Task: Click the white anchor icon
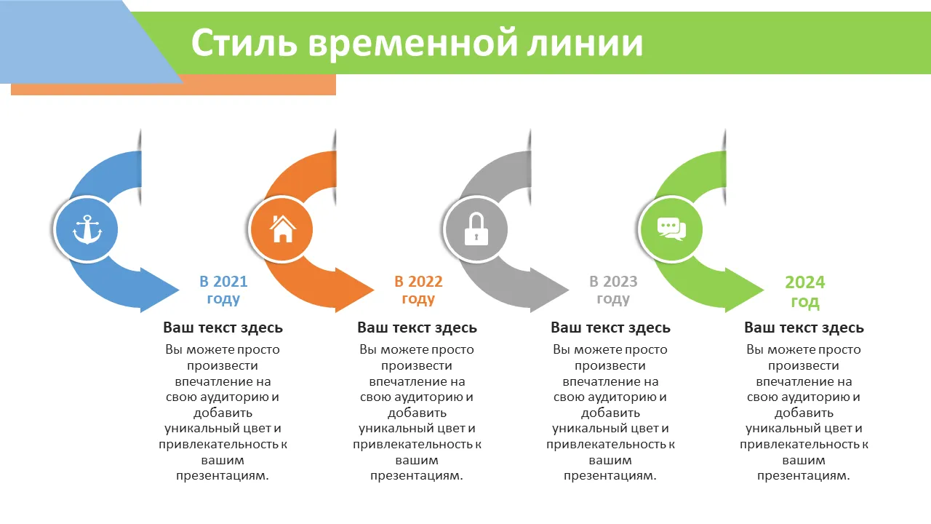tap(87, 229)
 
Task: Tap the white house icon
tap(283, 229)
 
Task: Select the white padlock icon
tap(476, 229)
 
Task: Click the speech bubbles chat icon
tap(671, 229)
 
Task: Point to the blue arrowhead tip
tap(179, 290)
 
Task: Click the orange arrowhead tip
tap(374, 290)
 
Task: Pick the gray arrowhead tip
tap(569, 290)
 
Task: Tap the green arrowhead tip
tap(764, 290)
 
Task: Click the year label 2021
tap(230, 282)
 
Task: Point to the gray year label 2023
tap(620, 282)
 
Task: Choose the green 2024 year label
tap(804, 282)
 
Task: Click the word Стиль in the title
tap(244, 42)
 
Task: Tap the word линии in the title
tap(585, 43)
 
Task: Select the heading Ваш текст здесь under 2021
tap(223, 327)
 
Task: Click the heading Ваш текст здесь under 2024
tap(804, 327)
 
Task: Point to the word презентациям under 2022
tap(417, 476)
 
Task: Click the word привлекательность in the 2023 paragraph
tap(606, 445)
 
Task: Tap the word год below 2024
tap(804, 302)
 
